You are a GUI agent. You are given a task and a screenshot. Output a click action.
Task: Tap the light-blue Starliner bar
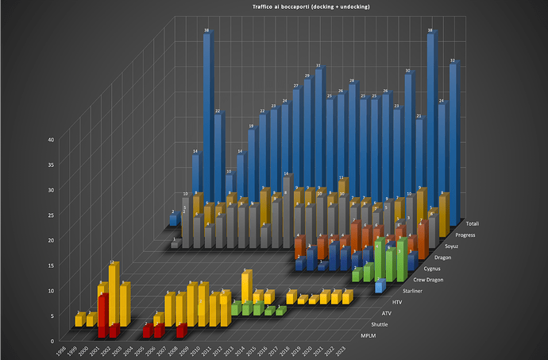380,285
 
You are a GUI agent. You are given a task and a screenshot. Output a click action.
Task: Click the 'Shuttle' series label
380,325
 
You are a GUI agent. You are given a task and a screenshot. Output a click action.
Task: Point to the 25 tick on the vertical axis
50,215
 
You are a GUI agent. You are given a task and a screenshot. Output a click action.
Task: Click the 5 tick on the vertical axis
52,315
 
